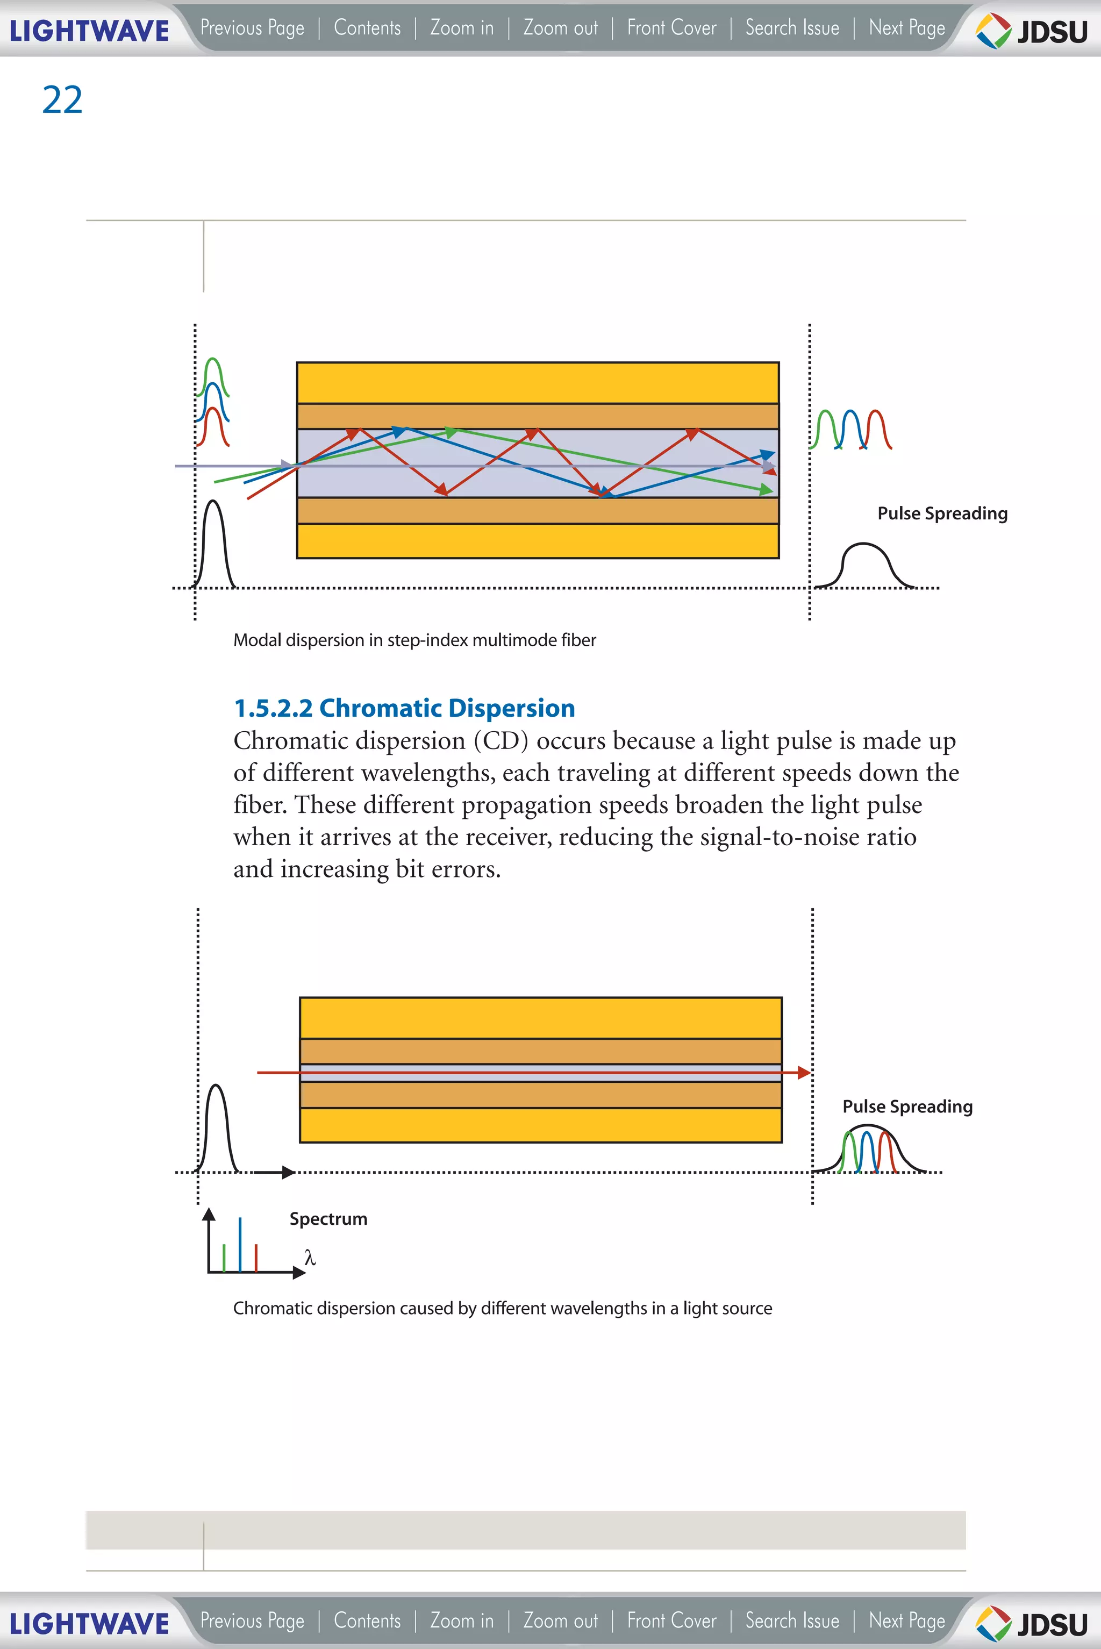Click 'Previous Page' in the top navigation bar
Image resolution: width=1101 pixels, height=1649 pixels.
pyautogui.click(x=252, y=28)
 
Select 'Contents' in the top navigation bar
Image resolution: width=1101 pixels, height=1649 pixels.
pyautogui.click(x=367, y=28)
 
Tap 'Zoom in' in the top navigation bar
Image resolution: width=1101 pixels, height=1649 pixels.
pyautogui.click(x=461, y=28)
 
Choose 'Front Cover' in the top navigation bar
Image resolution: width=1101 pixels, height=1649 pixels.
pyautogui.click(x=671, y=28)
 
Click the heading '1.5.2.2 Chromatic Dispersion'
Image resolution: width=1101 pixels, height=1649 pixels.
pyautogui.click(x=404, y=708)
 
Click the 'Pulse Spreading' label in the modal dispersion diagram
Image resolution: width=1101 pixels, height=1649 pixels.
pyautogui.click(x=942, y=513)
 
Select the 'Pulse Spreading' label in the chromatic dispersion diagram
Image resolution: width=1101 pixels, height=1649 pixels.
pyautogui.click(x=907, y=1106)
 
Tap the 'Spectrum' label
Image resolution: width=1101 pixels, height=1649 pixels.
pyautogui.click(x=328, y=1218)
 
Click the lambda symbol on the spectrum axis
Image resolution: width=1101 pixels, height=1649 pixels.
pyautogui.click(x=310, y=1257)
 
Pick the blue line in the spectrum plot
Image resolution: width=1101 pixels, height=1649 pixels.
pyautogui.click(x=240, y=1245)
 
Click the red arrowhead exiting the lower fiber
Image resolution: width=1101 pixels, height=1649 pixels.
pyautogui.click(x=804, y=1073)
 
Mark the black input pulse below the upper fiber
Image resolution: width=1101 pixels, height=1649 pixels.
pyautogui.click(x=213, y=544)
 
